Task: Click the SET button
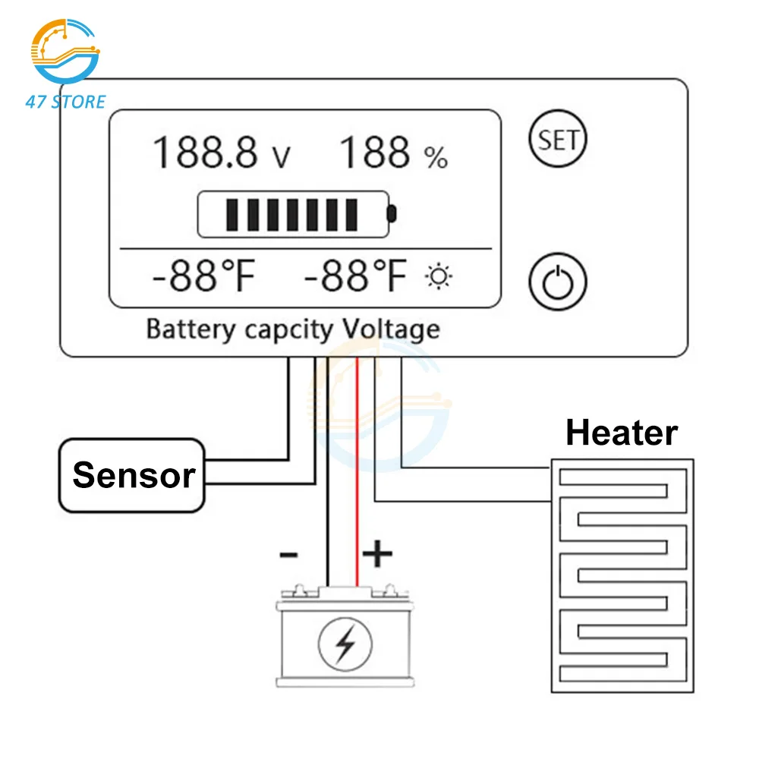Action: (x=558, y=140)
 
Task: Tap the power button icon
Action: (x=558, y=282)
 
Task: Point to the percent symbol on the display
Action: (x=436, y=158)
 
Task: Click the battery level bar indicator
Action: (x=296, y=213)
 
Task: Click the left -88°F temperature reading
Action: (x=202, y=277)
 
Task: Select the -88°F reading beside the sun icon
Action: (x=355, y=277)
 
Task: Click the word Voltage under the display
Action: (x=392, y=329)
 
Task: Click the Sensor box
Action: (x=132, y=475)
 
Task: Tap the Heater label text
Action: (x=622, y=433)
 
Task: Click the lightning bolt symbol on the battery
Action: (x=345, y=644)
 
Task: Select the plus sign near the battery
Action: (x=377, y=555)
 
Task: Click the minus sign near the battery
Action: (x=288, y=555)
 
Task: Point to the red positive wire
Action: (x=357, y=471)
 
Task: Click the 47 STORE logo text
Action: (x=65, y=101)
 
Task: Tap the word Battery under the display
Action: (x=191, y=329)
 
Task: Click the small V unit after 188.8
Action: (x=281, y=158)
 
